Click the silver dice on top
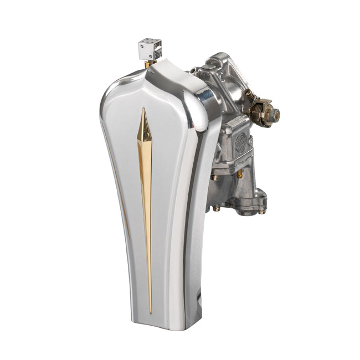[x=150, y=50]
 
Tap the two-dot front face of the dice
[x=146, y=53]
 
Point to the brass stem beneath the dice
[x=147, y=64]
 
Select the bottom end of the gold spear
[x=150, y=312]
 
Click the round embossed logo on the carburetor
[x=241, y=142]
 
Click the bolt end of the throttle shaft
[x=275, y=115]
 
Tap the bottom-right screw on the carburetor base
[x=261, y=210]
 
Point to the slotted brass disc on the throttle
[x=264, y=108]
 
